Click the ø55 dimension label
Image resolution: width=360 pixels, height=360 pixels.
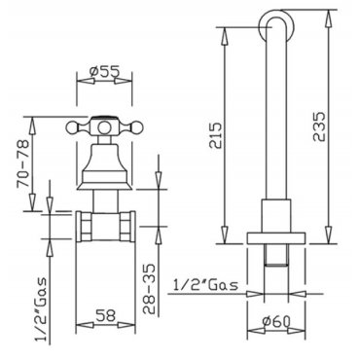(x=104, y=71)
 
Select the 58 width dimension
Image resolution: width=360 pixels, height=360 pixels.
(x=106, y=315)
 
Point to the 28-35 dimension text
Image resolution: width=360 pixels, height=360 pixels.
(x=149, y=289)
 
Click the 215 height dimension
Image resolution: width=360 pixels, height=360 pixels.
(x=216, y=135)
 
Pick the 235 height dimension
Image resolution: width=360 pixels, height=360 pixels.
(x=318, y=126)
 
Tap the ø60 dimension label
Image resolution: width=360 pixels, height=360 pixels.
(x=276, y=321)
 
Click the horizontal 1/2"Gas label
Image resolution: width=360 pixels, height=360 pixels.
(x=206, y=285)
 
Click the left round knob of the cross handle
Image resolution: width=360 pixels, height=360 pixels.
(x=72, y=127)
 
